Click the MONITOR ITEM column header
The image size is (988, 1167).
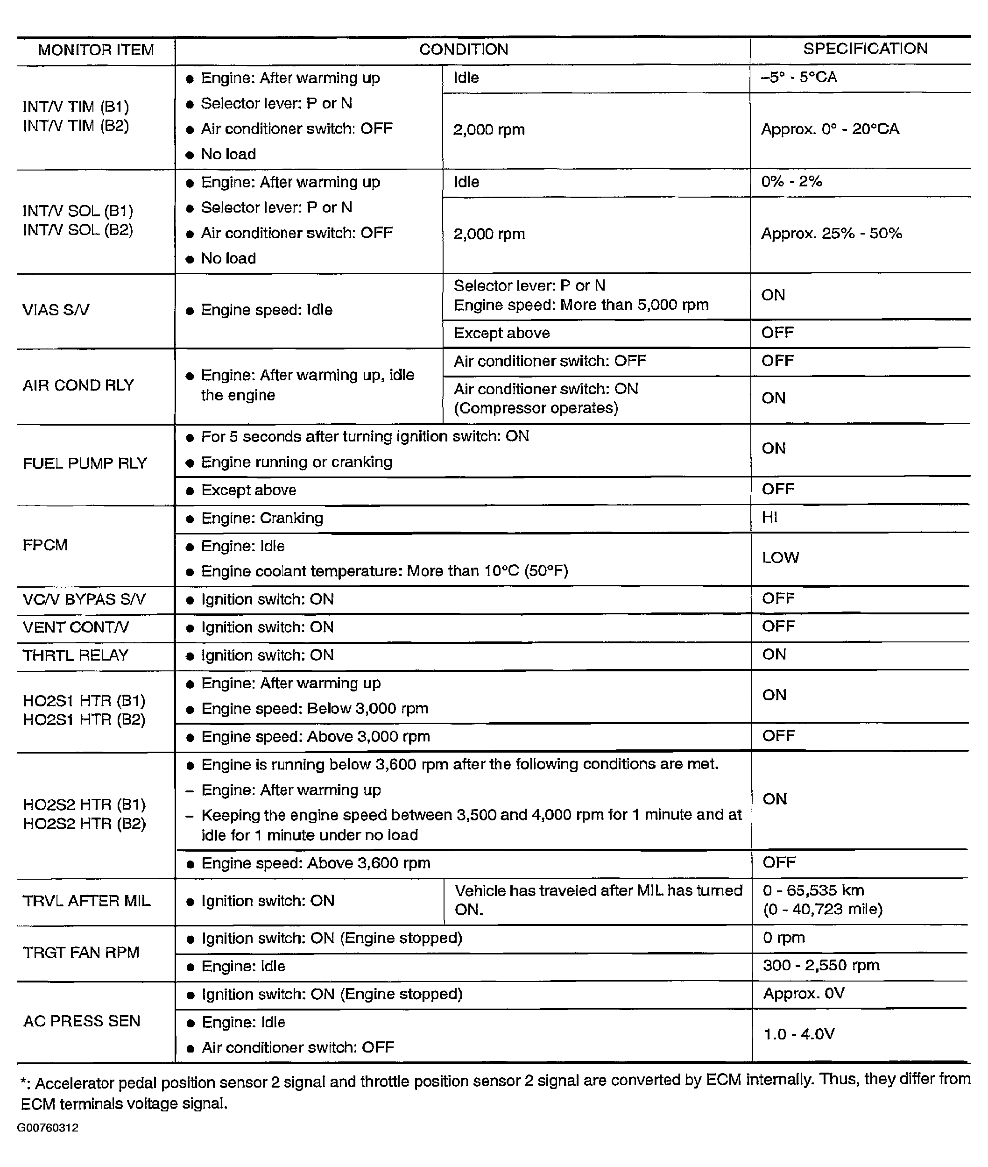tap(96, 50)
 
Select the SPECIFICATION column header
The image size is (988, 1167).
tap(865, 49)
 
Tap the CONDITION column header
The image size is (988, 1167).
tap(463, 50)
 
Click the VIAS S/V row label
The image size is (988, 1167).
tap(56, 310)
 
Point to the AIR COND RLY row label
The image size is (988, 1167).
tap(78, 385)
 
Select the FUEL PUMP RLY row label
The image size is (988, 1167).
tap(85, 463)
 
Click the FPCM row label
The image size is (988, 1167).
tap(45, 545)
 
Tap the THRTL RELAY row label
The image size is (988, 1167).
tap(76, 655)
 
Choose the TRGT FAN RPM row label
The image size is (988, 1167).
tap(81, 953)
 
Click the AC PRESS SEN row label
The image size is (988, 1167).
tap(82, 1021)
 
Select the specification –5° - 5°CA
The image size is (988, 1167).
tap(799, 77)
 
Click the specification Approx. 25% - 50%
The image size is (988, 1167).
tap(831, 234)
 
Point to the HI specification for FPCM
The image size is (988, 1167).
tap(769, 517)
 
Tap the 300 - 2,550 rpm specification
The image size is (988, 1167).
tap(821, 965)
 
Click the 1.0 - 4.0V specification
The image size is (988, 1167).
tap(799, 1034)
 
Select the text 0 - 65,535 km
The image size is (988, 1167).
tap(813, 890)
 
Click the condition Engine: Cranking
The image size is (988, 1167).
tap(262, 518)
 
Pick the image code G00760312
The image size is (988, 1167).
tap(48, 1128)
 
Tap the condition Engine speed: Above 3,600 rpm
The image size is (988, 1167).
tap(316, 863)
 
